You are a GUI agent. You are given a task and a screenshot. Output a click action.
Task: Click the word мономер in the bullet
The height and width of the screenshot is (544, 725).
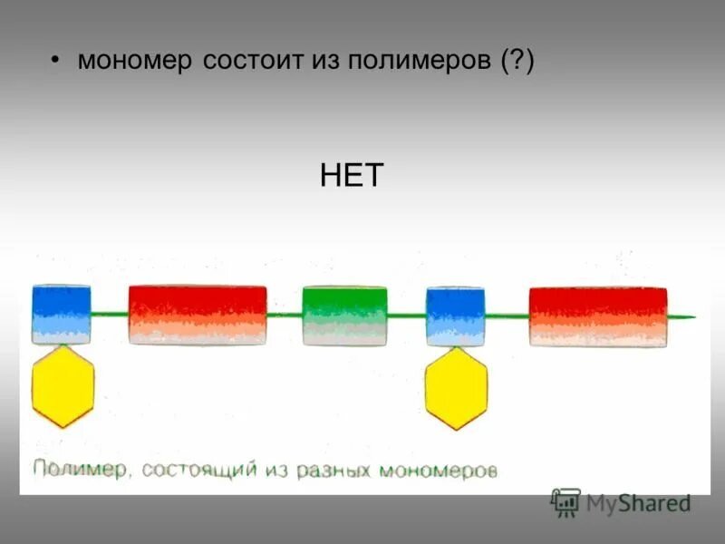pos(135,61)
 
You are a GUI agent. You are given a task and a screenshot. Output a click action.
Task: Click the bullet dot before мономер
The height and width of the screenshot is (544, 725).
pos(55,61)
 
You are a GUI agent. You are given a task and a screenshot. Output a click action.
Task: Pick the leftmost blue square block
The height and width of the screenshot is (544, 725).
pos(62,314)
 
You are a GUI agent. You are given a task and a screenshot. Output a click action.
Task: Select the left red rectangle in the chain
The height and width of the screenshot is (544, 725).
pos(198,315)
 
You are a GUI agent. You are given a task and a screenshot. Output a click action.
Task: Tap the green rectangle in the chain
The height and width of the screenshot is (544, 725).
pos(344,316)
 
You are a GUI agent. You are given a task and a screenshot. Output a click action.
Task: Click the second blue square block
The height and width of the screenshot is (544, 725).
pos(456,316)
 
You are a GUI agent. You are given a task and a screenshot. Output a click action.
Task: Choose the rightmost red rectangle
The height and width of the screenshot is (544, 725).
pos(598,316)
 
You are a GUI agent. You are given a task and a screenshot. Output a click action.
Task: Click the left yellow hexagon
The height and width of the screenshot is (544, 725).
pos(63,386)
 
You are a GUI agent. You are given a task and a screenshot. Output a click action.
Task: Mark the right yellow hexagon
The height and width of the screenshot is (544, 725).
pos(456,388)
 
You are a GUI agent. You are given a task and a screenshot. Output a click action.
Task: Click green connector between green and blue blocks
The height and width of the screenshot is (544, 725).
pos(407,316)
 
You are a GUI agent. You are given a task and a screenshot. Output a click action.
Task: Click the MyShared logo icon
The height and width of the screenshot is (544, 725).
pos(566,501)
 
